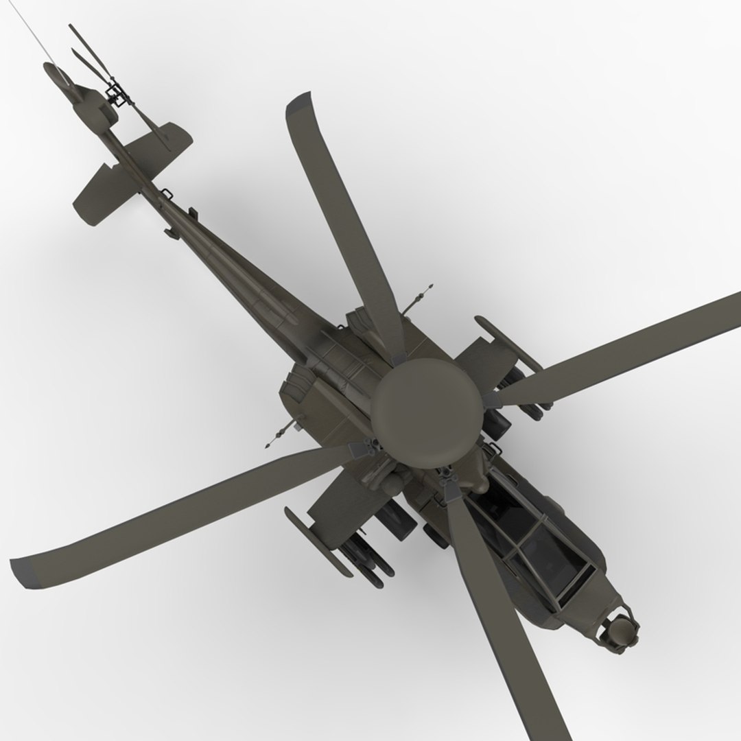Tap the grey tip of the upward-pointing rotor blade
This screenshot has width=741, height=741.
pos(299,104)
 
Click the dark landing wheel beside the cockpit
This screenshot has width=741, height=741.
pos(436,535)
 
